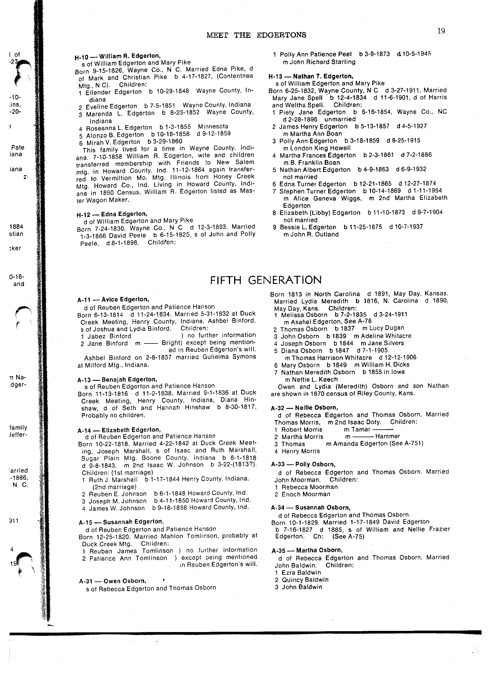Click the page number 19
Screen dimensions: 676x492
[441, 31]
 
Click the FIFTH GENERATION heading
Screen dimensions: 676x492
[266, 280]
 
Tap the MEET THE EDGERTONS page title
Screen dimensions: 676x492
[256, 35]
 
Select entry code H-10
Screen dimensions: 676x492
[81, 57]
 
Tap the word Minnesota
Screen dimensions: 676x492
[213, 126]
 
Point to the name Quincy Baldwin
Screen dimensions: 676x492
[305, 580]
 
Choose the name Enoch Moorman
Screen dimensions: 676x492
[306, 494]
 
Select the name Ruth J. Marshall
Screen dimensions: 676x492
[112, 480]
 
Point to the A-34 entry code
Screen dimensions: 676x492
[278, 508]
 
